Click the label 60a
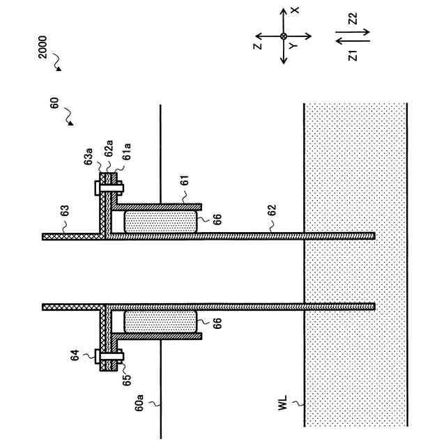(x=139, y=403)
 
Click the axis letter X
(x=295, y=10)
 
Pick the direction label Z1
(x=353, y=54)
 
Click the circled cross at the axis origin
(x=284, y=36)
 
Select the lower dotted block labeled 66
(x=159, y=321)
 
